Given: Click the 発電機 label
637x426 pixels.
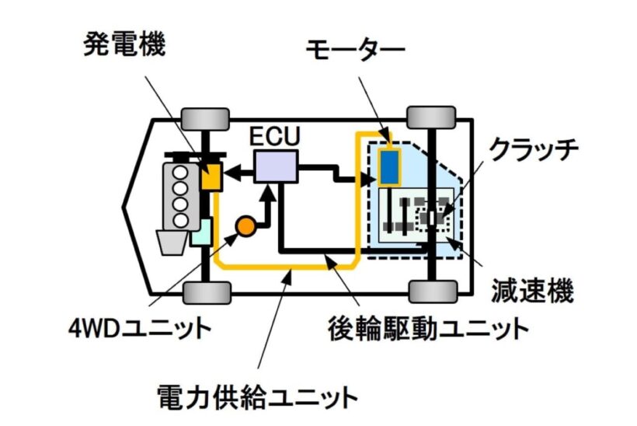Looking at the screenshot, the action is coord(124,44).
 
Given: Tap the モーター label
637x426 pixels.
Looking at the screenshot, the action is coord(355,49).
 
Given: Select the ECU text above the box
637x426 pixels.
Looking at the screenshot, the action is coord(275,136).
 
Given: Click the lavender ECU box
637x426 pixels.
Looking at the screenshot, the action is coord(276,166).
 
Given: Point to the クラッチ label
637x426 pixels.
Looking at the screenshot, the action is coord(534,150).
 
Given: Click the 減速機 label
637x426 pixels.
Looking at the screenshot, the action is coord(532,290).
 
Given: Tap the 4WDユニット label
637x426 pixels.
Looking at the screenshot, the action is coord(140,329).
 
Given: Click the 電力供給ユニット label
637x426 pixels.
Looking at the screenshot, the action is coord(257,397).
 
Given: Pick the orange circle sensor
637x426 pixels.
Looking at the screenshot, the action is coord(245,226).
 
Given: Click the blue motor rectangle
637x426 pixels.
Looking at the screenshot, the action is coord(390,166).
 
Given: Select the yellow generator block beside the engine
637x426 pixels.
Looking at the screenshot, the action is coord(211,177).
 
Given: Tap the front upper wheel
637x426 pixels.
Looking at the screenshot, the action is coord(206,119).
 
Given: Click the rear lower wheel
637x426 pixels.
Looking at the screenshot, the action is coord(433,291).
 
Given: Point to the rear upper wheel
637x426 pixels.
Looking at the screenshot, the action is coord(431,117).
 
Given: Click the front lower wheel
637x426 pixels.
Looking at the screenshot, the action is coord(207,292).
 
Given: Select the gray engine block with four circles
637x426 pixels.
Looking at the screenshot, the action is coord(181,197).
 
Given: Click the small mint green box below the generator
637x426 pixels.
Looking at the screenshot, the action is coord(202,232).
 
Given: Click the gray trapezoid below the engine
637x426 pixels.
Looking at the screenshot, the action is coord(172,243).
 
